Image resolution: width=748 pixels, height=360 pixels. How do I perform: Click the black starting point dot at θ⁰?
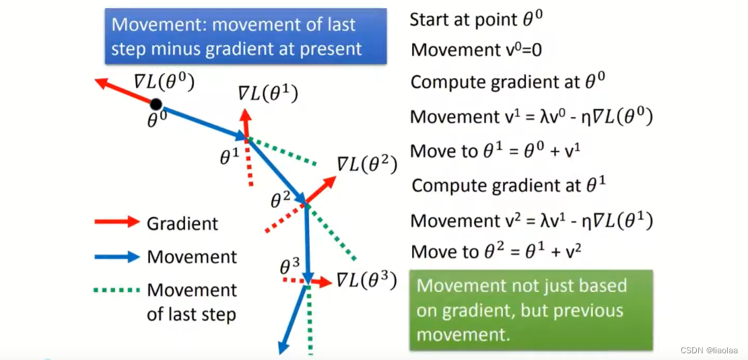coord(156,104)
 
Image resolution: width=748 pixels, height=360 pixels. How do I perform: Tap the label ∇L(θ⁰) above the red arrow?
coord(164,82)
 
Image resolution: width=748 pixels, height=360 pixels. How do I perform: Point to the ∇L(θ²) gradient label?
coord(367,164)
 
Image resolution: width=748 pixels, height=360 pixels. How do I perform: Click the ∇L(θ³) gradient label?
coord(366,279)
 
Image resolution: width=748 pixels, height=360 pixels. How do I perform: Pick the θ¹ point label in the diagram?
coord(230,157)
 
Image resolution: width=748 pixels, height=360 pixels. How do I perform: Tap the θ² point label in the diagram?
coord(280,199)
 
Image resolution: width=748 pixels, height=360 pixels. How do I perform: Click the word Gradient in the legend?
coord(182,223)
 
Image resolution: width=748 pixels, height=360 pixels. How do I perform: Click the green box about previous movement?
coord(531,310)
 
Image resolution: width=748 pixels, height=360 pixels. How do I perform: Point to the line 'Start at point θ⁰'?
coord(476,19)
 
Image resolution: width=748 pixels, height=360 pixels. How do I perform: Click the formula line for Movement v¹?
coord(531,116)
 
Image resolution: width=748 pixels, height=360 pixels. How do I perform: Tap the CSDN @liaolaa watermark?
coord(709,351)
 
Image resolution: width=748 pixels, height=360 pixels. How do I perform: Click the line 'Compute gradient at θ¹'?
coord(509,185)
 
